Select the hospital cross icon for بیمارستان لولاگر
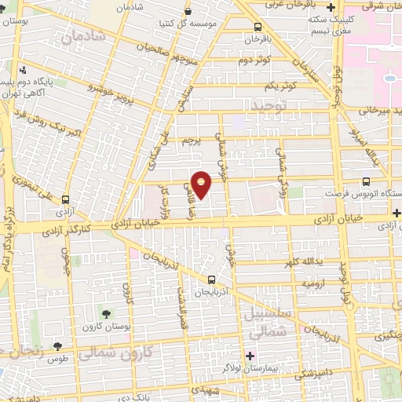(x=250, y=356)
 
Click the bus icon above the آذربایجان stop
(x=211, y=280)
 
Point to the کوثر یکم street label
(x=279, y=85)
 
